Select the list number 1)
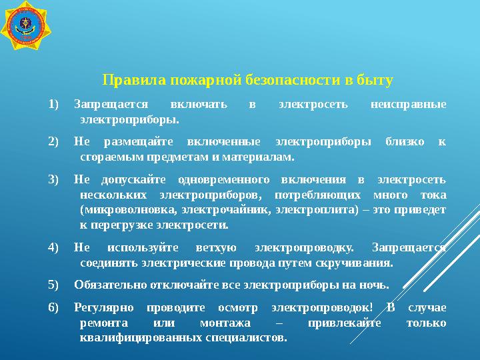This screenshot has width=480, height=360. (x=54, y=104)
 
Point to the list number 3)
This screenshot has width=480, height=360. (x=54, y=179)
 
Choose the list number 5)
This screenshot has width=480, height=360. (x=54, y=285)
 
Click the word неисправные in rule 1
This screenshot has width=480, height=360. (x=407, y=104)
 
